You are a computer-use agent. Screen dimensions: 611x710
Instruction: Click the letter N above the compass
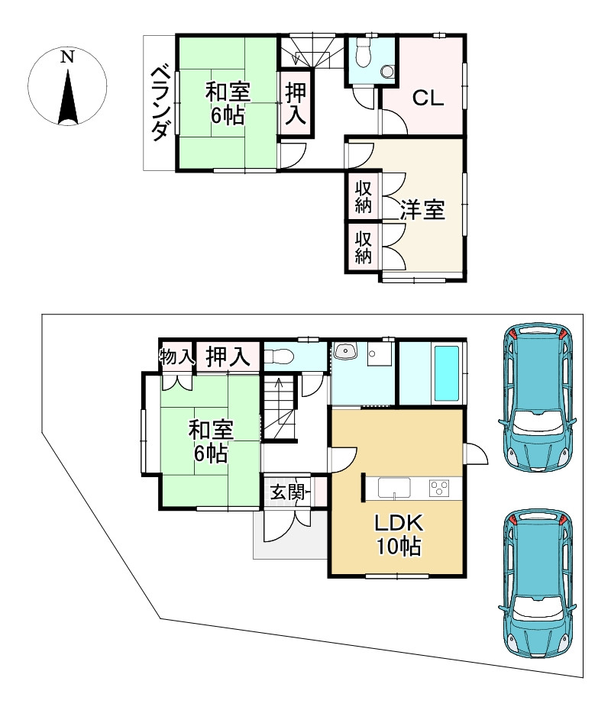[68, 56]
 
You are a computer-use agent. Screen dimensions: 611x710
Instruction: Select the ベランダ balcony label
[160, 103]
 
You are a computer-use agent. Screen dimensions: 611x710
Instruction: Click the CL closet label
[428, 98]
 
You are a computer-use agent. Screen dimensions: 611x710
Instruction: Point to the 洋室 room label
[422, 210]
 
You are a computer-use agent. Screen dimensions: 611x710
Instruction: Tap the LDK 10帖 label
[399, 534]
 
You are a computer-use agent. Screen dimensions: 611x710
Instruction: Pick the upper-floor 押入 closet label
[296, 104]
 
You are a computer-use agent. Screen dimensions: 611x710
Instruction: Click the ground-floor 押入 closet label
[228, 357]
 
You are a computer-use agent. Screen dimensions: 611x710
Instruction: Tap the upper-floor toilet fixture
[364, 53]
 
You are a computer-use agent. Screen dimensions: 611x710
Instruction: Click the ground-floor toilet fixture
[278, 357]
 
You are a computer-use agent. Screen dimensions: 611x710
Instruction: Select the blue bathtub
[447, 373]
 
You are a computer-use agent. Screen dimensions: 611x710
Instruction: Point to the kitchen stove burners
[439, 488]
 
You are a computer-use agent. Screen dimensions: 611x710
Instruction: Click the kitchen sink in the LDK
[395, 488]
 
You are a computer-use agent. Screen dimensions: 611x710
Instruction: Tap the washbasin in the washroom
[345, 351]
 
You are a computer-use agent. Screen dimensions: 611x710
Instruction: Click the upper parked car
[537, 398]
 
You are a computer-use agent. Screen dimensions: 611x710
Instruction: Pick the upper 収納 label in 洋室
[364, 197]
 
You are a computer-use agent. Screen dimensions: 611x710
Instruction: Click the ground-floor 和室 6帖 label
[211, 441]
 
